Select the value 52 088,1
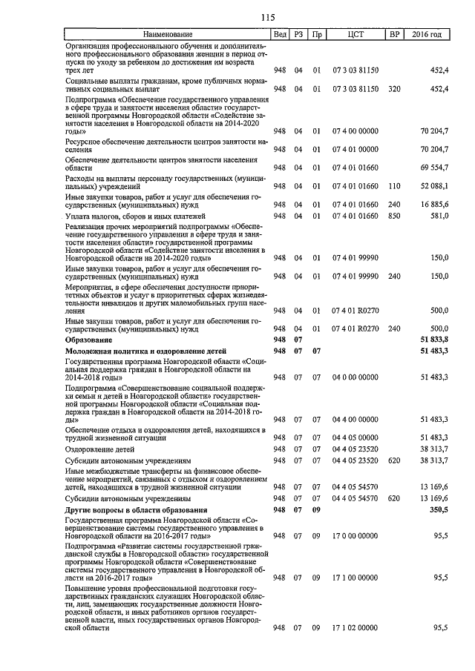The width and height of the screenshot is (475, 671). point(434,186)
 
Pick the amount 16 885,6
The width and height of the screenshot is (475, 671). point(434,204)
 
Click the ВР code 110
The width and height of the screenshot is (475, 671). point(394,186)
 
